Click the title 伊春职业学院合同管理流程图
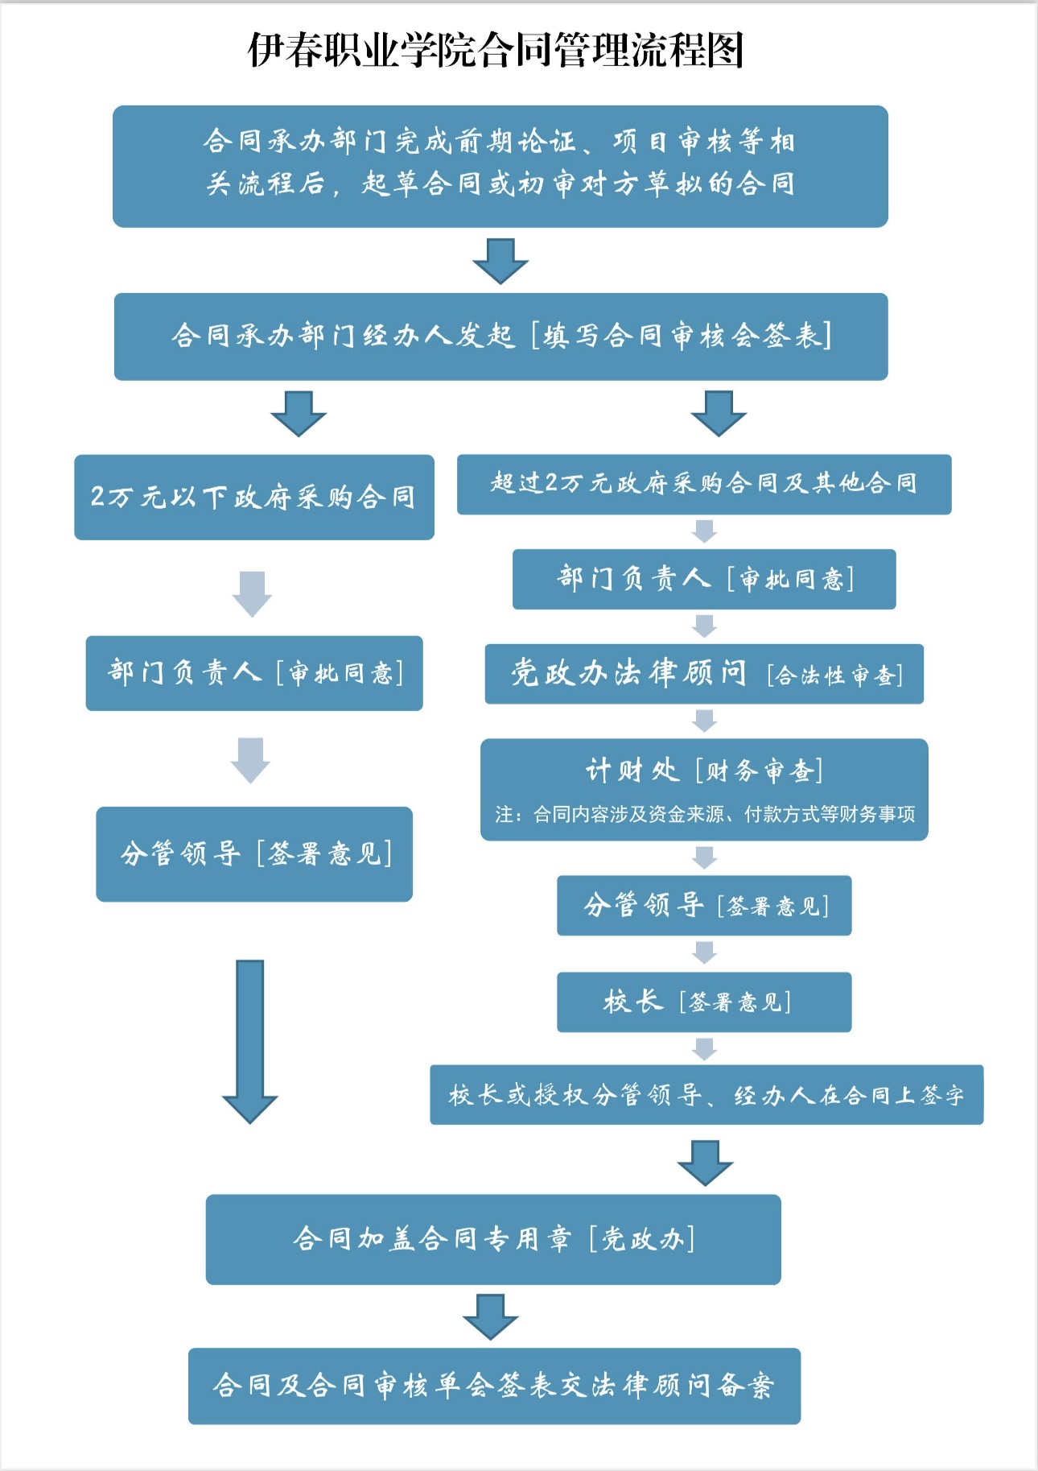point(496,50)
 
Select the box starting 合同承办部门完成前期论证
point(500,166)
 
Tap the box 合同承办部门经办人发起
point(500,336)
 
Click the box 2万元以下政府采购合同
point(253,497)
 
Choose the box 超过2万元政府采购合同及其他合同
point(703,484)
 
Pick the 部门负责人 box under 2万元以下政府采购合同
point(254,672)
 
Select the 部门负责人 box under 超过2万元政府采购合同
point(703,579)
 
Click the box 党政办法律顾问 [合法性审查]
point(703,674)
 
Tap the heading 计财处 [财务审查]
point(703,771)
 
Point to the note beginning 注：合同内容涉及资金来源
point(705,815)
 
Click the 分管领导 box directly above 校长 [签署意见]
point(703,906)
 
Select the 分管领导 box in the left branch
point(254,853)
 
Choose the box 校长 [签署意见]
point(703,1002)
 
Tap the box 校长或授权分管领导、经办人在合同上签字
point(706,1095)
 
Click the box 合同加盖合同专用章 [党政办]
point(492,1239)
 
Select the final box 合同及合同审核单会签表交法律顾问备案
point(494,1386)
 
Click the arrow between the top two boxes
point(500,260)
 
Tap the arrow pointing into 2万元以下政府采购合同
point(298,414)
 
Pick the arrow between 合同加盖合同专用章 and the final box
point(490,1316)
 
